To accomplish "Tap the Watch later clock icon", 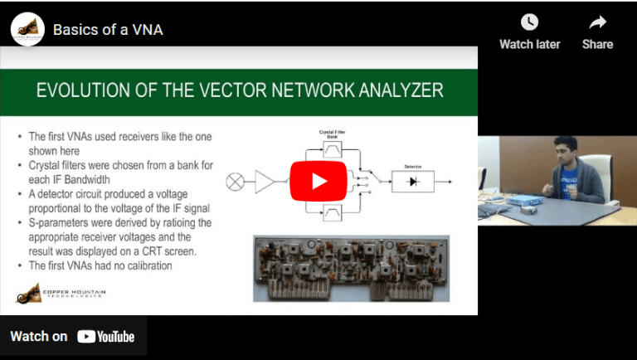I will pyautogui.click(x=529, y=23).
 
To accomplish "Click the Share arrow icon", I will pyautogui.click(x=597, y=23).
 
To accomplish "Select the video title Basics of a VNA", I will pyautogui.click(x=108, y=30).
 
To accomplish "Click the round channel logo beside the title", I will pyautogui.click(x=27, y=30).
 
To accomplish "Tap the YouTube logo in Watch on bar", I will pyautogui.click(x=106, y=336).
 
